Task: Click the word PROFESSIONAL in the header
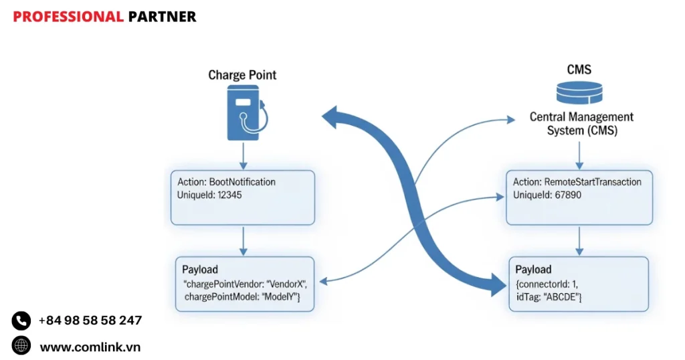point(68,17)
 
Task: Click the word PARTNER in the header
point(162,17)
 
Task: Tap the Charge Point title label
point(242,74)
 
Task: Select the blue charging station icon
point(245,114)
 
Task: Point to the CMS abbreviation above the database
point(579,70)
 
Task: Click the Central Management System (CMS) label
point(581,124)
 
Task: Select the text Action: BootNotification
point(226,182)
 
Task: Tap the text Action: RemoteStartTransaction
point(577,182)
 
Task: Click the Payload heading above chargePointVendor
point(200,269)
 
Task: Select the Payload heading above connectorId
point(533,269)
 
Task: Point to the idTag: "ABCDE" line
point(548,296)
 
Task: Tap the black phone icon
point(21,321)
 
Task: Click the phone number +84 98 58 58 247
point(90,321)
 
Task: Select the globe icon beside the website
point(21,346)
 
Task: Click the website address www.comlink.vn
point(90,347)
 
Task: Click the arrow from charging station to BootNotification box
point(243,155)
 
